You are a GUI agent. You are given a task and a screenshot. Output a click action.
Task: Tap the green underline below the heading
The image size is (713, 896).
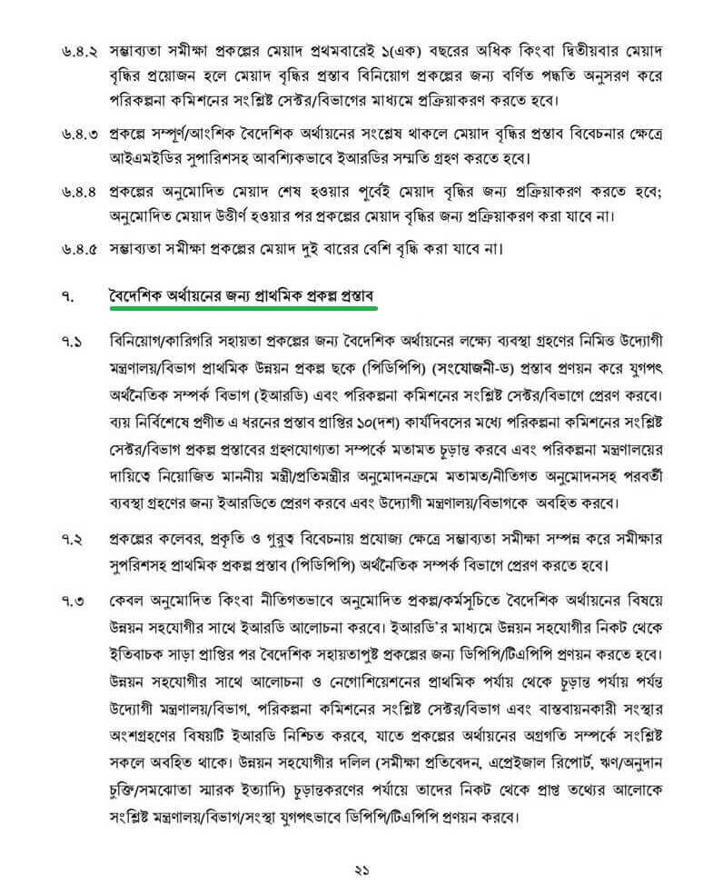tap(239, 308)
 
